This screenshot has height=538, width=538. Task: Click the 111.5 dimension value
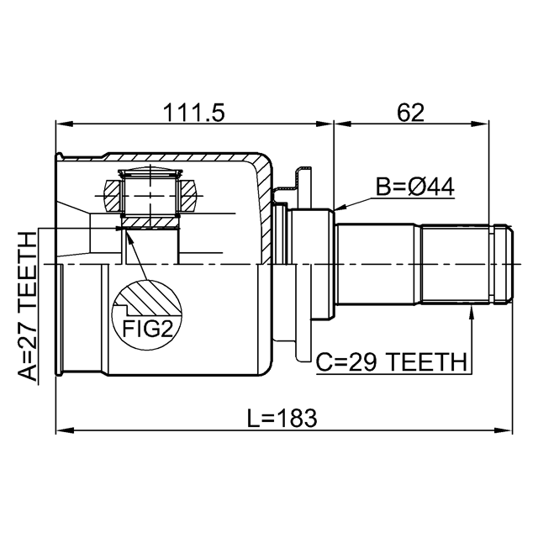(194, 112)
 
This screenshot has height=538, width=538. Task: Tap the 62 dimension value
(411, 112)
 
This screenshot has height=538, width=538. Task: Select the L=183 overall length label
(282, 418)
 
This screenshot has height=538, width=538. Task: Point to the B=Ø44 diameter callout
(415, 187)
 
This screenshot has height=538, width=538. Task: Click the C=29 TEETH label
(392, 362)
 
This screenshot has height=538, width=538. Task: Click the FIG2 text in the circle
(147, 329)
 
